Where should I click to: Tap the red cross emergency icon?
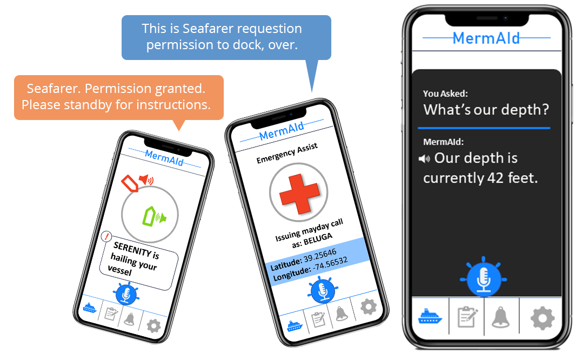pyautogui.click(x=299, y=193)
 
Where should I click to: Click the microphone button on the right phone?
pyautogui.click(x=484, y=279)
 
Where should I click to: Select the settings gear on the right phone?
pyautogui.click(x=542, y=318)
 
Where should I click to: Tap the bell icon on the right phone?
pyautogui.click(x=500, y=317)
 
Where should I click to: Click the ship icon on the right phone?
pyautogui.click(x=430, y=316)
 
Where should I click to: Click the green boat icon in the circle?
pyautogui.click(x=153, y=216)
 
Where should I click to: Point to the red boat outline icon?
pyautogui.click(x=130, y=183)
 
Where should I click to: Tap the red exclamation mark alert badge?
pyautogui.click(x=107, y=236)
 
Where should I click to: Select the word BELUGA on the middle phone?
pyautogui.click(x=318, y=239)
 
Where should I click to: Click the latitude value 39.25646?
pyautogui.click(x=320, y=255)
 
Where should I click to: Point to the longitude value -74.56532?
pyautogui.click(x=330, y=264)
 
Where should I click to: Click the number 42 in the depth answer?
pyautogui.click(x=495, y=178)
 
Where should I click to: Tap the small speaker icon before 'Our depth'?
pyautogui.click(x=424, y=159)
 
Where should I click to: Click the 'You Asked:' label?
pyautogui.click(x=445, y=94)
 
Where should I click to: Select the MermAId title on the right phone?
pyautogui.click(x=486, y=38)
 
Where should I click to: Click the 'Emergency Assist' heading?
pyautogui.click(x=287, y=153)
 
